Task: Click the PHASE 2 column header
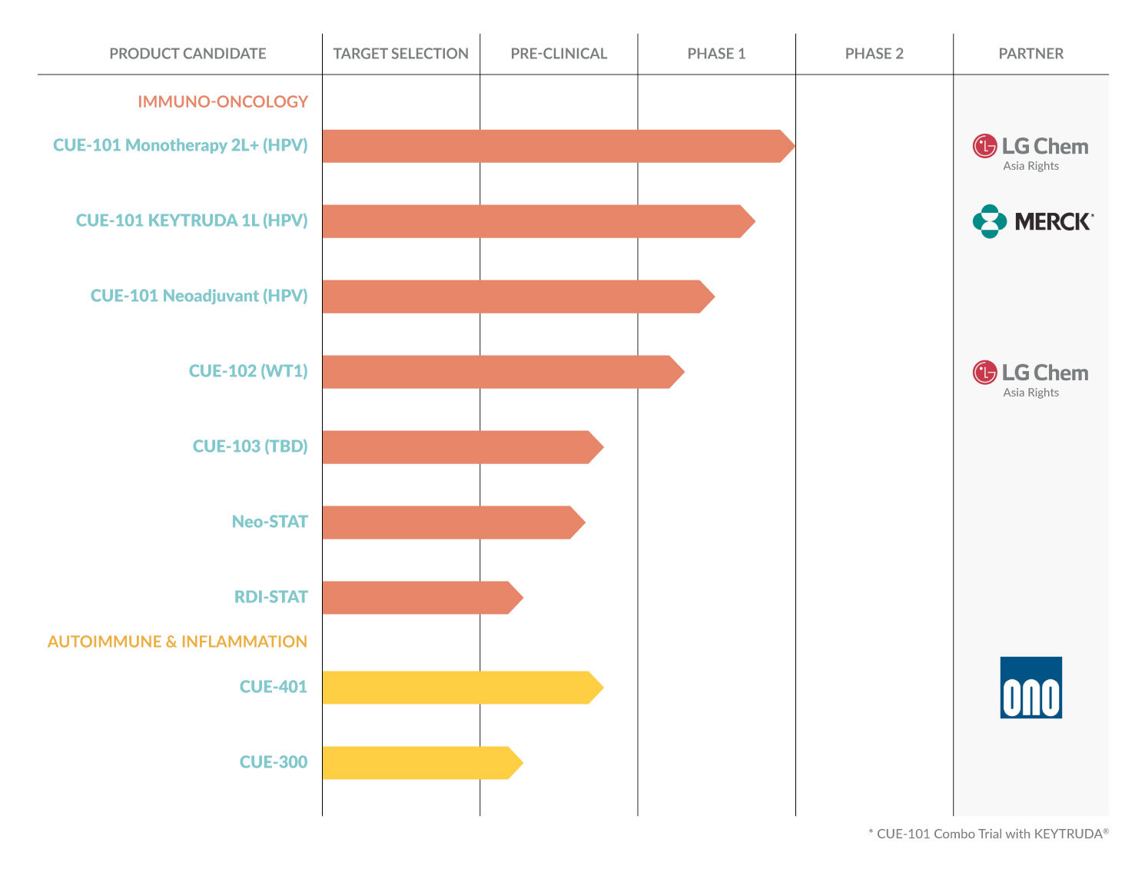tap(874, 54)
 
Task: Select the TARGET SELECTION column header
tap(400, 54)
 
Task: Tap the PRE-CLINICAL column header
tap(559, 54)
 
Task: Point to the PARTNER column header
tap(1030, 54)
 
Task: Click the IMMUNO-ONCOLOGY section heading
tap(223, 101)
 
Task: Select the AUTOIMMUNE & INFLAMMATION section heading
tap(178, 642)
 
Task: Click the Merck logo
tap(1032, 221)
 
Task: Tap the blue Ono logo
tap(1030, 688)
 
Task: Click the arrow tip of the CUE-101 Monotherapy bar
tap(788, 146)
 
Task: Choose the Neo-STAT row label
tap(270, 522)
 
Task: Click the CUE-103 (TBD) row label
tap(250, 446)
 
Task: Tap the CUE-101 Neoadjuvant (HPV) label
tap(199, 296)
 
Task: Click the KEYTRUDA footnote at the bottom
tap(988, 834)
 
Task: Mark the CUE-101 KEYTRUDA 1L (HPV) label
tap(191, 220)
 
